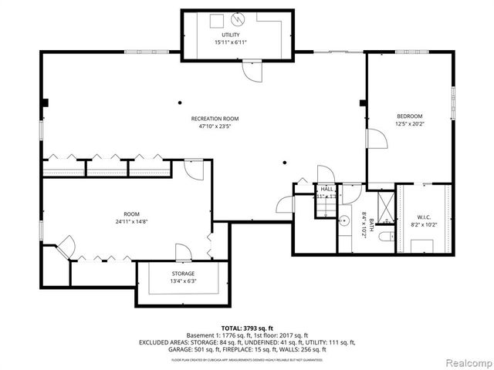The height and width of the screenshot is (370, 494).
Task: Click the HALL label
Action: point(327,188)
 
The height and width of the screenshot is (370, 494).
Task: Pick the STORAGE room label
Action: point(183,274)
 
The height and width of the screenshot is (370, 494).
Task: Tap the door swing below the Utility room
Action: point(252,70)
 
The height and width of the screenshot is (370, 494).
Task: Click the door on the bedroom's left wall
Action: point(375,140)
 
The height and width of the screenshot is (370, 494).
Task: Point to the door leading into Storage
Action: point(183,253)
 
